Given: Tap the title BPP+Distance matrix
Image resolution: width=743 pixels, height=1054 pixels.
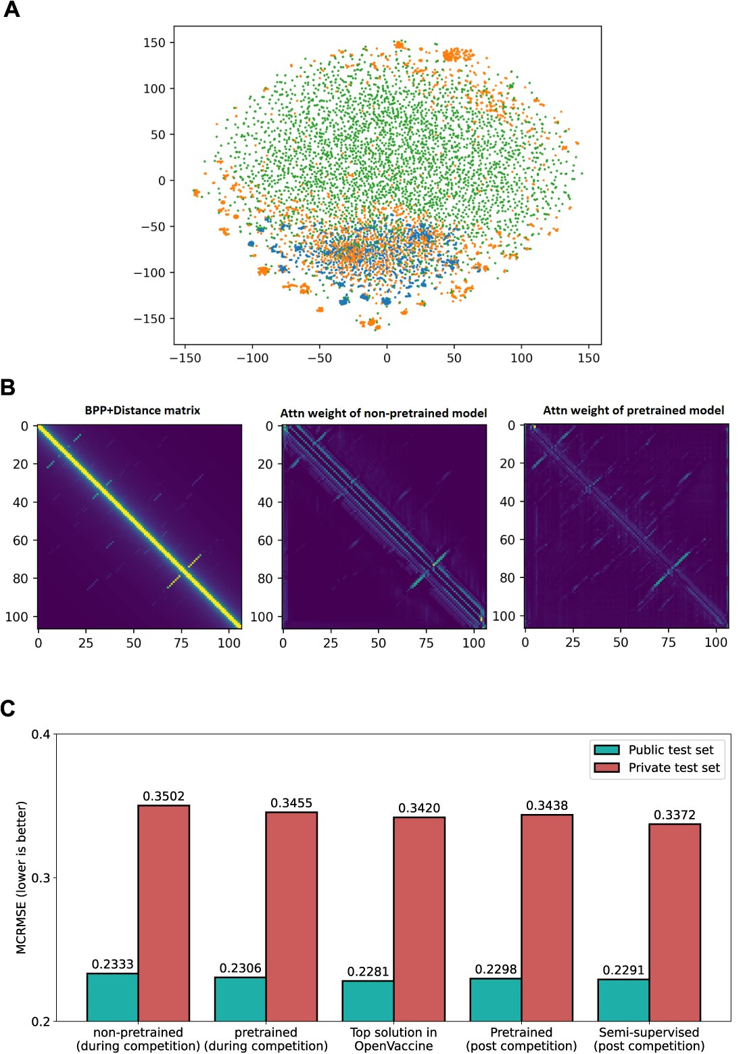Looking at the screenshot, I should tap(142, 410).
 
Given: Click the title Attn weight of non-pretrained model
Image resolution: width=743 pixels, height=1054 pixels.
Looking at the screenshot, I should tap(383, 413).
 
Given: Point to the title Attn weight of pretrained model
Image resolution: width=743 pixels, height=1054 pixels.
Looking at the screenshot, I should tap(633, 410).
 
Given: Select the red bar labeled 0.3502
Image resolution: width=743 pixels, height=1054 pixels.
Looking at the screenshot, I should tap(164, 913).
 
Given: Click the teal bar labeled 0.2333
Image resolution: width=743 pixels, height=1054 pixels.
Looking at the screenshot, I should tap(112, 997).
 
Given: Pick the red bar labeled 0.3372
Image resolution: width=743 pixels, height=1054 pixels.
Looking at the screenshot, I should tap(675, 922).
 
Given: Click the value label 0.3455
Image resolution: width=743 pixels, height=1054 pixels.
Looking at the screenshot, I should tap(291, 803).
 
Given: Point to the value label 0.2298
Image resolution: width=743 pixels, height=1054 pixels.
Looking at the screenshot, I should tap(496, 969).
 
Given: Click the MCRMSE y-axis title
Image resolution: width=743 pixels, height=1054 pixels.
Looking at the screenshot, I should tap(22, 877).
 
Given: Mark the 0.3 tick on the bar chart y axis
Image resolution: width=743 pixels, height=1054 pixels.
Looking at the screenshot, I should tap(41, 878).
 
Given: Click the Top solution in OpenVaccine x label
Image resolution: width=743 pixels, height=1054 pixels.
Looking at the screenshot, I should tap(393, 1039).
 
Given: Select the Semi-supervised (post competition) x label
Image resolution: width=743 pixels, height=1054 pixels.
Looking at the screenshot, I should tap(649, 1039).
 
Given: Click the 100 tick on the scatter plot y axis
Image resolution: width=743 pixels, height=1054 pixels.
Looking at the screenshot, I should tap(153, 89).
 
